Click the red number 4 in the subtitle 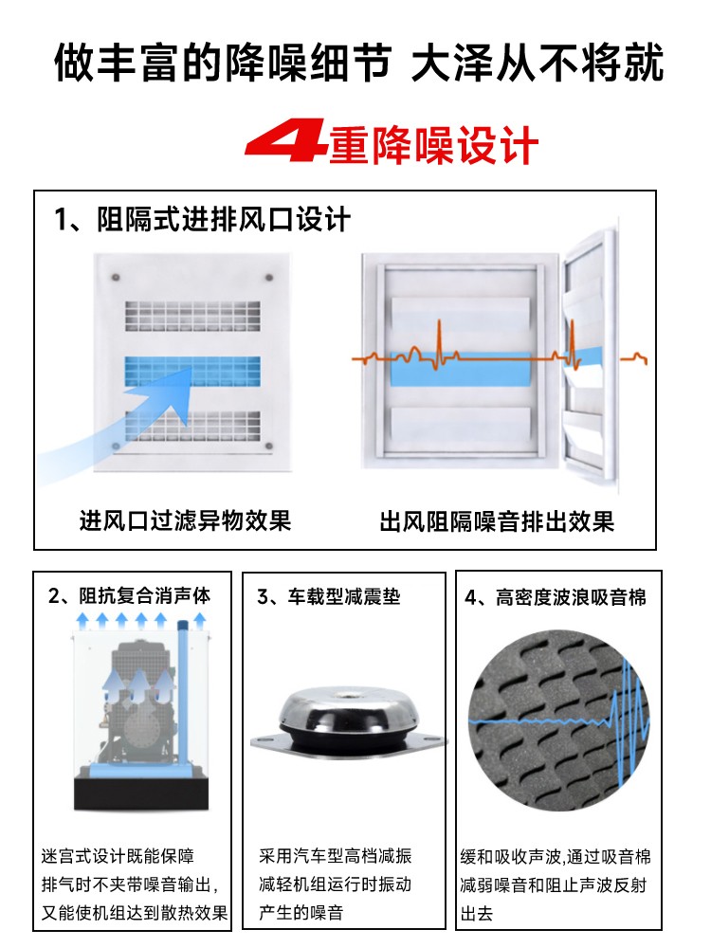[x=287, y=141]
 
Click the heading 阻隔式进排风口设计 [x=223, y=219]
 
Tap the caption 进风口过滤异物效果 [x=186, y=520]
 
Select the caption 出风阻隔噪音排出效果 [x=497, y=521]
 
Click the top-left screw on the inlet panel [x=115, y=278]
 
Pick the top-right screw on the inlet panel [x=268, y=278]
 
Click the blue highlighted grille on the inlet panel [x=192, y=371]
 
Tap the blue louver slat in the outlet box [x=461, y=369]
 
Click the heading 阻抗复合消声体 [x=144, y=596]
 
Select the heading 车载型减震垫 [x=344, y=596]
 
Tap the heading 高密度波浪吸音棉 [x=571, y=597]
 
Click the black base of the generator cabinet [x=141, y=793]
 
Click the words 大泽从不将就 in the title [x=538, y=63]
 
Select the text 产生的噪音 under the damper [x=301, y=911]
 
